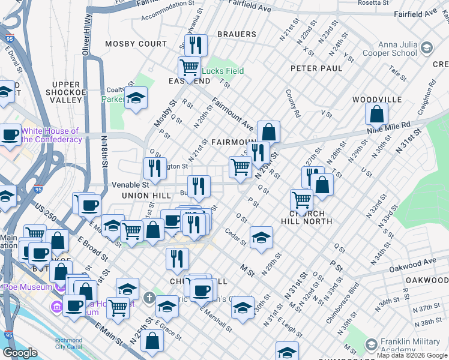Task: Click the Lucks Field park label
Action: pos(223,71)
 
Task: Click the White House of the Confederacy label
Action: pos(50,135)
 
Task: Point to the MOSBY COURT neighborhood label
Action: pos(136,44)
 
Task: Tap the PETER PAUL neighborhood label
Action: pos(316,68)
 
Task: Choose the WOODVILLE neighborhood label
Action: pos(377,99)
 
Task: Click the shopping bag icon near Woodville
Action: pos(376,113)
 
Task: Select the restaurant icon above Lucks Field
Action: pos(196,45)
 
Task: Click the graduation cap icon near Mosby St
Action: pos(136,98)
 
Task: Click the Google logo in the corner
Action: pos(20,353)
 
